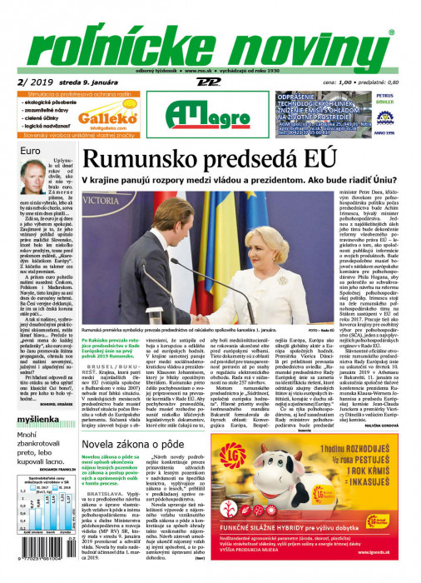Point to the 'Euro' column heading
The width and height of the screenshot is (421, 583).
pyautogui.click(x=31, y=151)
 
